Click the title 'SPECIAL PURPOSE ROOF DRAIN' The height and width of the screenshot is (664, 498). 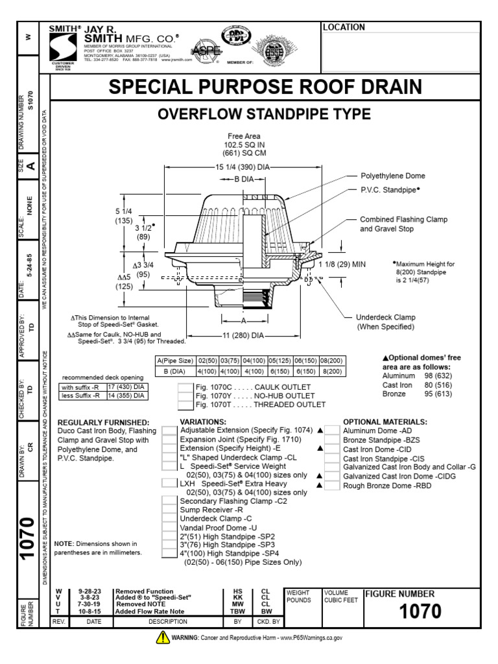click(265, 88)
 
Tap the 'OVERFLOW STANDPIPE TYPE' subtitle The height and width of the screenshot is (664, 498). click(265, 115)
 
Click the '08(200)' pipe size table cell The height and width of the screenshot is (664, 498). click(330, 361)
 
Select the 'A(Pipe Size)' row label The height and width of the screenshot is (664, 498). click(174, 361)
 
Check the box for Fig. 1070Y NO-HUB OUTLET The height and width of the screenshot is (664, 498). click(185, 396)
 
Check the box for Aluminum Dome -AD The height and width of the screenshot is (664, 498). click(332, 430)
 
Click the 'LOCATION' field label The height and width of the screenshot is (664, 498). click(343, 27)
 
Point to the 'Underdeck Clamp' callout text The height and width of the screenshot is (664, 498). click(385, 318)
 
